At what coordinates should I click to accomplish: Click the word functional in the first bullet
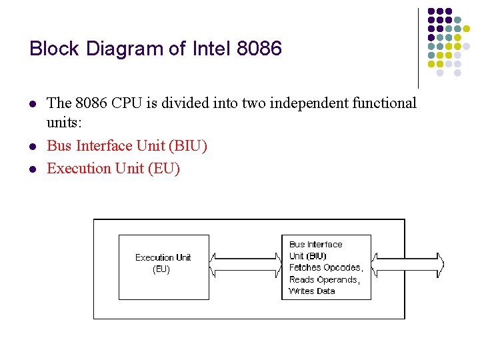point(383,103)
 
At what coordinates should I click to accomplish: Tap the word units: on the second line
point(64,124)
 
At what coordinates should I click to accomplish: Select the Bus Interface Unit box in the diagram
point(325,267)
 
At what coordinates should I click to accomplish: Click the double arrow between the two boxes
point(245,264)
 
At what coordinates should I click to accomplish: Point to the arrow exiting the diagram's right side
point(409,264)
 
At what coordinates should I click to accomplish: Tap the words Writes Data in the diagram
point(311,291)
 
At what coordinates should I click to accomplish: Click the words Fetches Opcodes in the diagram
point(325,268)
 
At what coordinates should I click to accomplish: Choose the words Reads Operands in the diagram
point(324,280)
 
